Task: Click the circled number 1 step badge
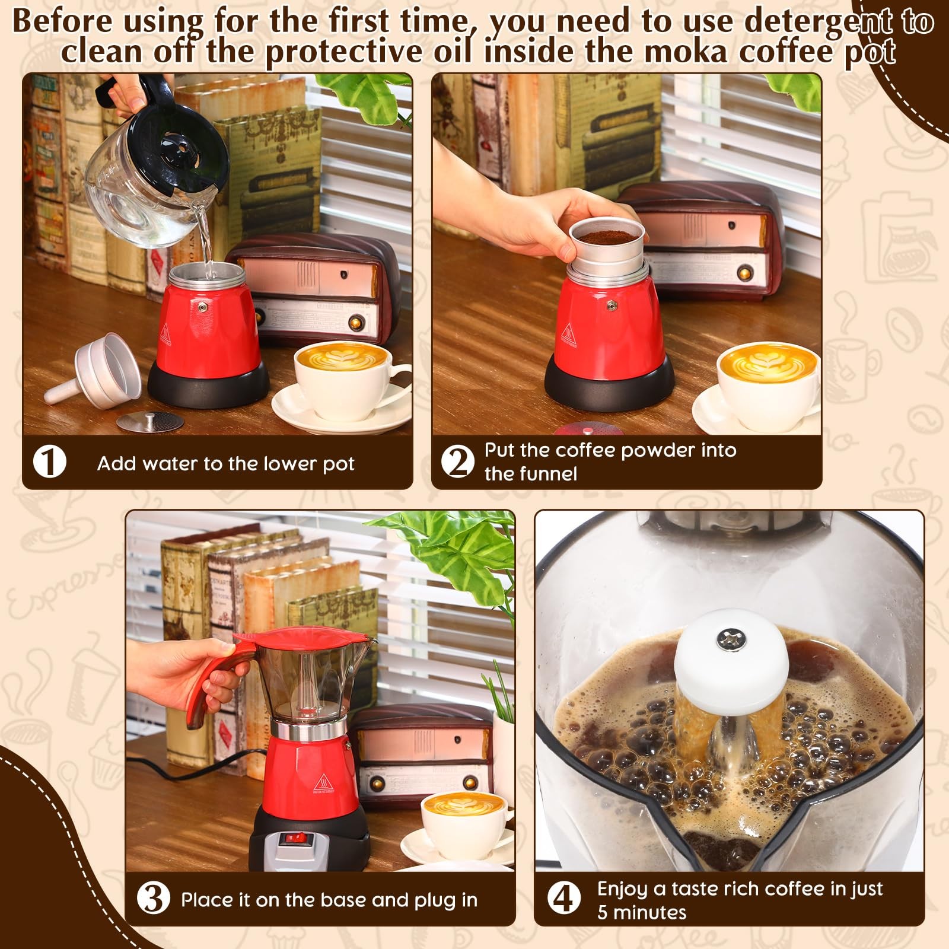coord(49,461)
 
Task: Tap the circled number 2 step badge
coord(458,461)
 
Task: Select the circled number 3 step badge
coord(153,899)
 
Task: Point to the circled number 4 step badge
coord(563,899)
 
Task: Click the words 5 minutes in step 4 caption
coord(641,912)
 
